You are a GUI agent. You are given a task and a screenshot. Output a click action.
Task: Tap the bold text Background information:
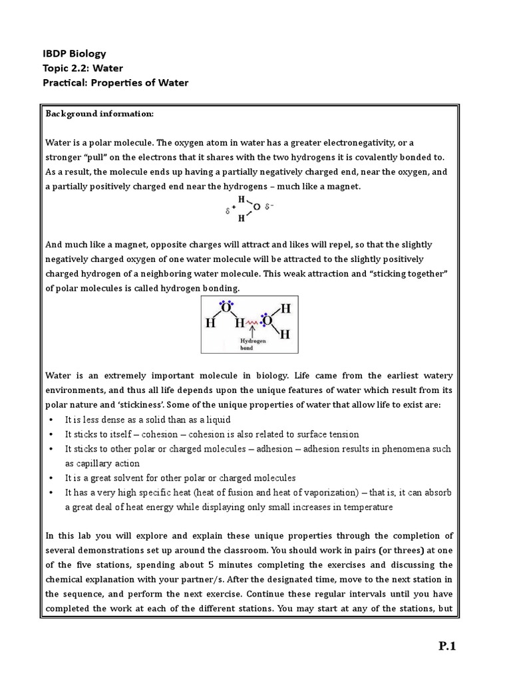pos(99,114)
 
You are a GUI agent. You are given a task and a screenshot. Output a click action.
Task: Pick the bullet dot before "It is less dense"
pos(51,420)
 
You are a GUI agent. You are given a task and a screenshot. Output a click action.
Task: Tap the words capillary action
pos(103,463)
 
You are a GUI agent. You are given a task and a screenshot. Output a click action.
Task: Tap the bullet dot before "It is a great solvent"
pos(51,477)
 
